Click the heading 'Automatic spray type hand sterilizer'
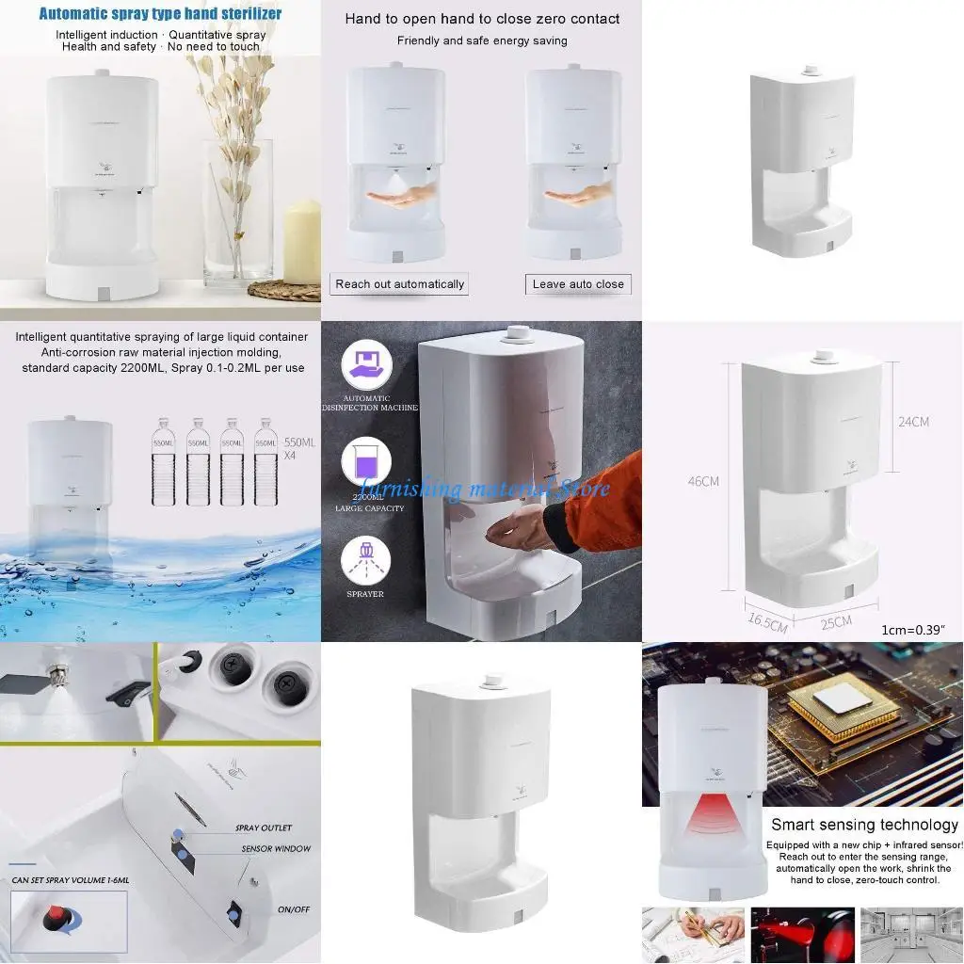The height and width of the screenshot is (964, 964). [x=160, y=14]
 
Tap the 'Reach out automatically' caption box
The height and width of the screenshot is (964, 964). [x=399, y=284]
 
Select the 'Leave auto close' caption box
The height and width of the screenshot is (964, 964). [x=578, y=284]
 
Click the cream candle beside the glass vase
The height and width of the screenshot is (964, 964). [x=302, y=244]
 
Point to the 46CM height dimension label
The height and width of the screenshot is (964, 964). [x=703, y=481]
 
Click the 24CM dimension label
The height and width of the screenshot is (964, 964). [x=912, y=422]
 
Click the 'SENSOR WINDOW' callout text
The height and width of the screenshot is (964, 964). [x=273, y=849]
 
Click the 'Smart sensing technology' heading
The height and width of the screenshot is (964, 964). [x=864, y=825]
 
